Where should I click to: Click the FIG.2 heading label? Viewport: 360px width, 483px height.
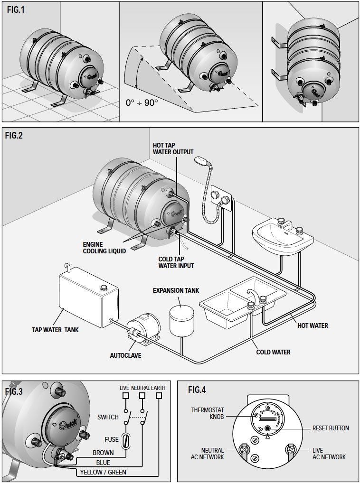[14, 135]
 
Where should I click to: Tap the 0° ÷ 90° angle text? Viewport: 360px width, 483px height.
[142, 102]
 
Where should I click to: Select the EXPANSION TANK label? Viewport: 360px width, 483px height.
[176, 290]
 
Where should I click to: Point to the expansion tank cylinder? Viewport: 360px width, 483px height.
[179, 320]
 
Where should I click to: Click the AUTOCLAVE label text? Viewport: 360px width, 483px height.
[125, 355]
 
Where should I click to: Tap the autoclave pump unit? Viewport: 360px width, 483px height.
[142, 327]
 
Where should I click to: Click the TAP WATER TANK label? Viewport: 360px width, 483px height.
[55, 329]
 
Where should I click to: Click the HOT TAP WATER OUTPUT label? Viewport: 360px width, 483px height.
[173, 149]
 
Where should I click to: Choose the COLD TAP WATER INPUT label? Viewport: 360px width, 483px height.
[176, 262]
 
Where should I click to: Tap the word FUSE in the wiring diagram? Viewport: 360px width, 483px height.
[112, 440]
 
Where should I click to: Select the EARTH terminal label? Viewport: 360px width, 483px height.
[158, 388]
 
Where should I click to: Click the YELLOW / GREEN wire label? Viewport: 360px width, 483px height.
[103, 473]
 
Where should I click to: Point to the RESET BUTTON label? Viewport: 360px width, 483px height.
[330, 428]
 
